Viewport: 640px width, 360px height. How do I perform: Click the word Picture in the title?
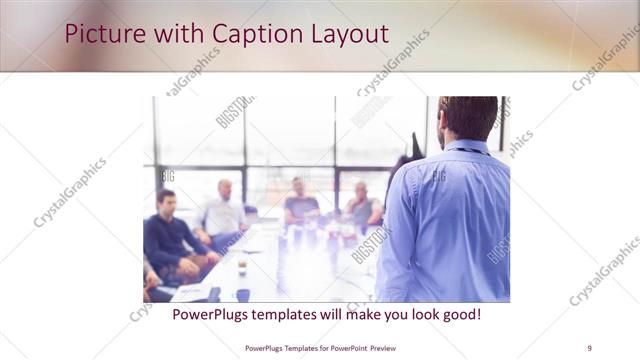point(97,34)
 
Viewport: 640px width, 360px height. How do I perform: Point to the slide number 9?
point(589,347)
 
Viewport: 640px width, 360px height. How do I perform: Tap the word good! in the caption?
point(460,314)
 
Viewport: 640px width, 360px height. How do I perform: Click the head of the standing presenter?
point(467,117)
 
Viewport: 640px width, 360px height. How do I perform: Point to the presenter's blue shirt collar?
point(466,147)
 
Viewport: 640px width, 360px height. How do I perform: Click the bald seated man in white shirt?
point(223,212)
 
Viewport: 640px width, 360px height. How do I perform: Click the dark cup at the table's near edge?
point(242,295)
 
